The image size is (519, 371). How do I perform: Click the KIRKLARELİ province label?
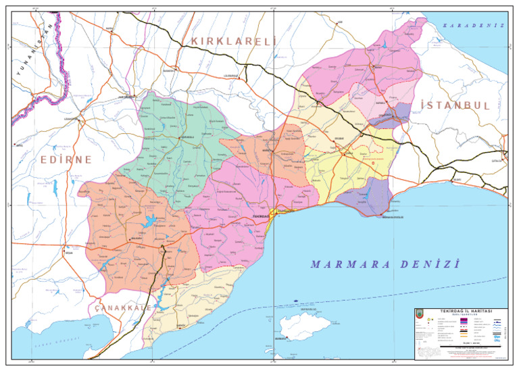coord(234,42)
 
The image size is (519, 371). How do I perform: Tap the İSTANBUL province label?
coord(454,105)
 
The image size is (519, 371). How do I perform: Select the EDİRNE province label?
coord(65,159)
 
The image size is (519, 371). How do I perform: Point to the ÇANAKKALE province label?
coord(122,307)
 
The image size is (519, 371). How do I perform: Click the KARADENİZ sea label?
coord(474,25)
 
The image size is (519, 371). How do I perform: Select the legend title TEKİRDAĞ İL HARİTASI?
coord(463,311)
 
